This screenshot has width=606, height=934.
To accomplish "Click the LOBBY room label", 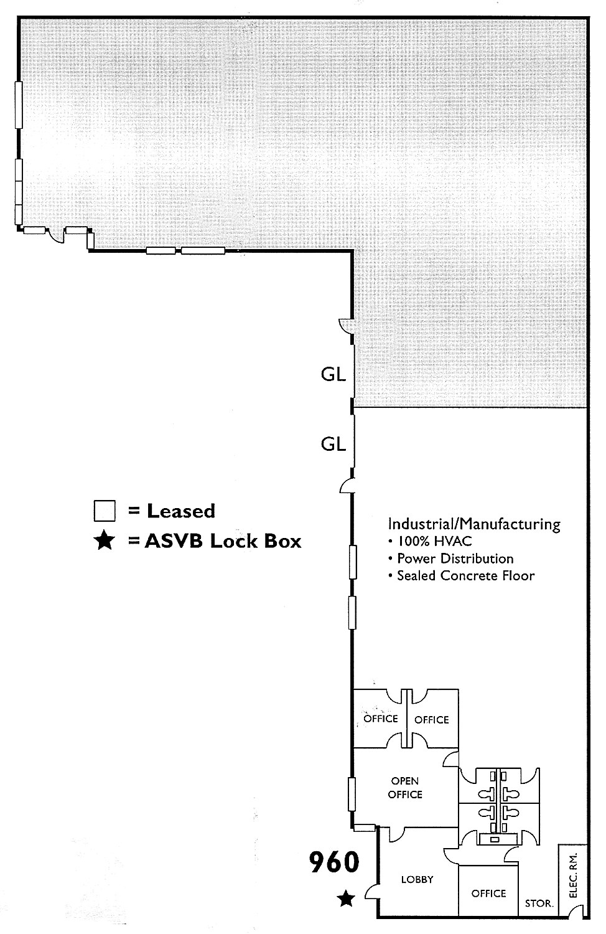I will point(417,879).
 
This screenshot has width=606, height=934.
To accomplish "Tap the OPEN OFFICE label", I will point(405,788).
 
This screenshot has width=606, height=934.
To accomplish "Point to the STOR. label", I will point(539,903).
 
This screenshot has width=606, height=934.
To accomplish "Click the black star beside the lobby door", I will point(347,898).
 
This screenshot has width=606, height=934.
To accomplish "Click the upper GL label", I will point(333,375).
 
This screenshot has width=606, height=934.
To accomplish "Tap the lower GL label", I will point(333,443).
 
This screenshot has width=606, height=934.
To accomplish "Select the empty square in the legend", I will point(105,511).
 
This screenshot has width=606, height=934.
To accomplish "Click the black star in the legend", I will point(104,541).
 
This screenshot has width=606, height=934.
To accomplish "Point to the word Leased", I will point(180,511).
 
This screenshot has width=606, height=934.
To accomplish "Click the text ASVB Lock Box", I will point(223,541).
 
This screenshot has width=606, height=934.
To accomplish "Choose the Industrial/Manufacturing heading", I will point(474,524).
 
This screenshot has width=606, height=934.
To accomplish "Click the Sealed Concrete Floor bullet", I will point(465,575).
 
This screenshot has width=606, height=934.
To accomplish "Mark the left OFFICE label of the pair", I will point(380,719).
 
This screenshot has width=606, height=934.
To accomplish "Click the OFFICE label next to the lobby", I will point(488,894).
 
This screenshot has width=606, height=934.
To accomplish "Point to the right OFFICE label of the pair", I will point(431,720).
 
